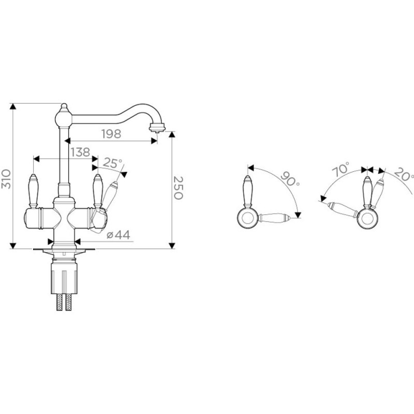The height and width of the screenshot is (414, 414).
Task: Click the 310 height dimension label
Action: [x=6, y=179]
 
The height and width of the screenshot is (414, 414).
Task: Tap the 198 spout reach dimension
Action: [x=111, y=134]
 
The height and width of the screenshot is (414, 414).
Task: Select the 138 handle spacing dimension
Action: [x=80, y=152]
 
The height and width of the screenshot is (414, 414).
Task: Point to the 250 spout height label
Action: [x=178, y=188]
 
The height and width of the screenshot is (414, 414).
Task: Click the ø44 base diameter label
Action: [x=119, y=234]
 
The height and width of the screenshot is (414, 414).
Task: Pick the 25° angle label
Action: [x=112, y=163]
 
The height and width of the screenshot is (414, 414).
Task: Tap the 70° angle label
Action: [x=341, y=169]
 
